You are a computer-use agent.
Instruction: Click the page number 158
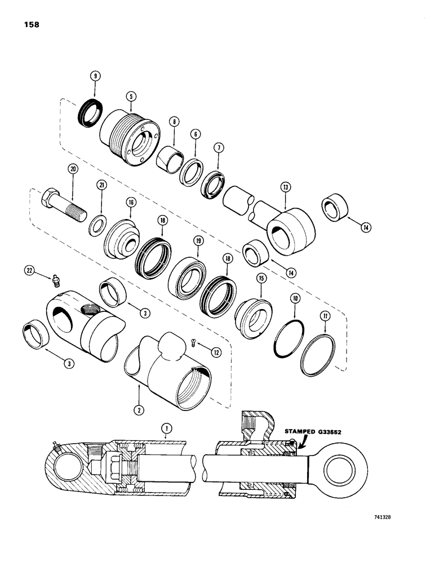click(32, 25)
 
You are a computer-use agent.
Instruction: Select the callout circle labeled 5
click(131, 96)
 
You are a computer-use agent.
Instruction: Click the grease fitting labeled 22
click(55, 278)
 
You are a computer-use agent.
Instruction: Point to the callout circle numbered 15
click(261, 279)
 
